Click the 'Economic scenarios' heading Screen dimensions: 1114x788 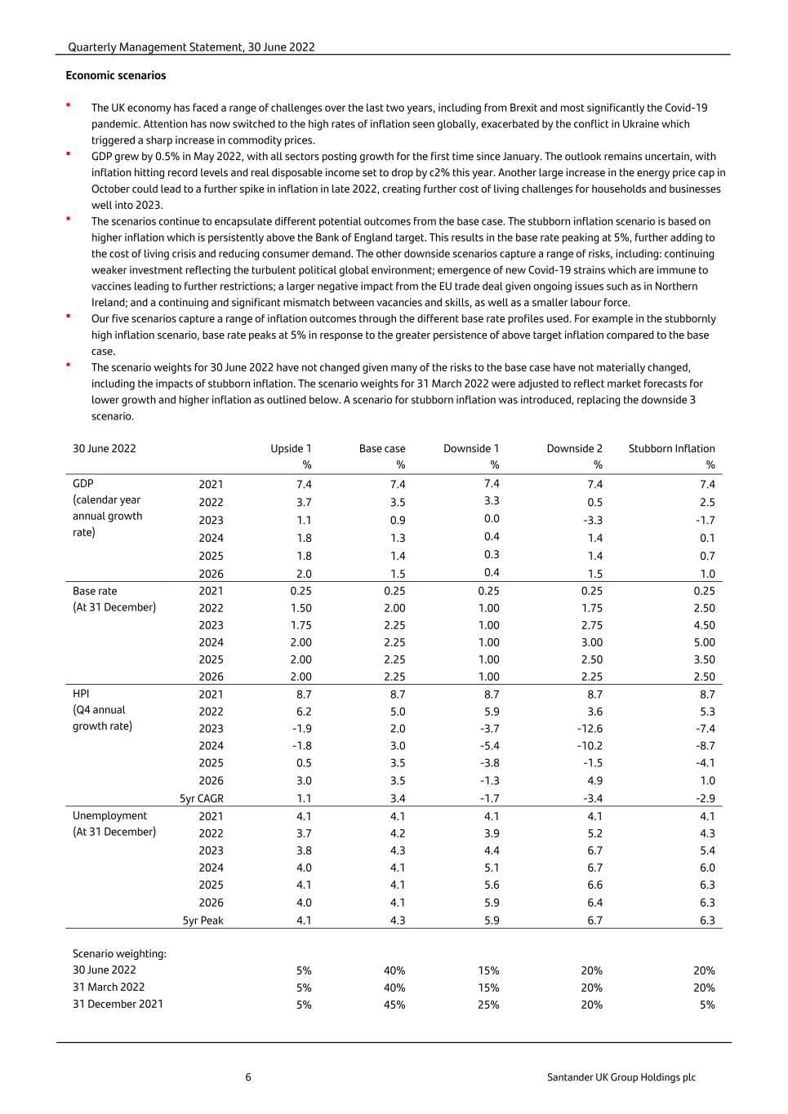coord(116,76)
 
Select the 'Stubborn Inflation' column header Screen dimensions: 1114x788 coord(671,449)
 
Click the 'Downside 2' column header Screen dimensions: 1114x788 coord(574,449)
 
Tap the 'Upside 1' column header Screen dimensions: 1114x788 coord(291,449)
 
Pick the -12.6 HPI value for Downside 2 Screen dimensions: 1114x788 coord(590,729)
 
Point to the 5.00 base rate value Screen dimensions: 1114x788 coord(703,642)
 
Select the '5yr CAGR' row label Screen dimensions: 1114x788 coord(202,798)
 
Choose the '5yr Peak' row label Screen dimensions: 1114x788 coord(203,921)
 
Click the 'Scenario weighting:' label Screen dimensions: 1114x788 coord(119,954)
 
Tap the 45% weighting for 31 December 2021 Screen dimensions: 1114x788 coord(394,1005)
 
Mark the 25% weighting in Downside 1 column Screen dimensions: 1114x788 coord(488,1005)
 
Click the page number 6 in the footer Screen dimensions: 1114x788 coord(248,1077)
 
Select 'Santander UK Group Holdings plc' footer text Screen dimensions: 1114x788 coord(621,1077)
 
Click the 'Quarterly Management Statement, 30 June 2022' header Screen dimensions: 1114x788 coord(191,47)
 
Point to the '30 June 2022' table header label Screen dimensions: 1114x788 coord(105,449)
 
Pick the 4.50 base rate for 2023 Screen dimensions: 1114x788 coord(703,625)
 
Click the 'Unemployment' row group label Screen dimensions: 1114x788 coord(109,816)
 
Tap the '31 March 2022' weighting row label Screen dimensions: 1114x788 coord(109,988)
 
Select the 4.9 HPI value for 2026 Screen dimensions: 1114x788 coord(594,781)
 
